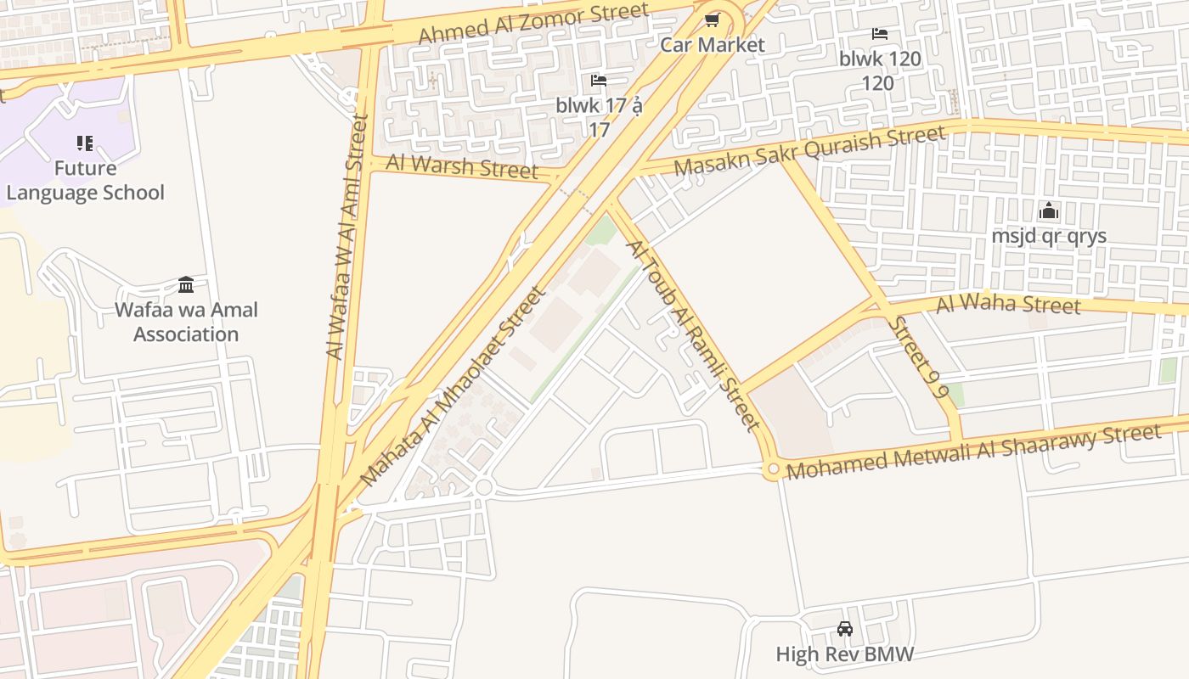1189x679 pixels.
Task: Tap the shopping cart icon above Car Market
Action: click(712, 19)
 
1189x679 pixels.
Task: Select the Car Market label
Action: click(713, 45)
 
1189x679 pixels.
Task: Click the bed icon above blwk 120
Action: click(879, 34)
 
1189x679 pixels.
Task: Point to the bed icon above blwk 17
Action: click(599, 81)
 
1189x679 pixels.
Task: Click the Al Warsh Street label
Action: click(462, 166)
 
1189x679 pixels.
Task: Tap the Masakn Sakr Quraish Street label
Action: click(809, 150)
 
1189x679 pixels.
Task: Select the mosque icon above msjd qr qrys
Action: click(1049, 210)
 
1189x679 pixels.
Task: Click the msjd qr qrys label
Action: click(1049, 236)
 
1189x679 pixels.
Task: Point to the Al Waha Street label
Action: click(1008, 304)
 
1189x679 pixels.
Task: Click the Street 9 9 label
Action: click(918, 357)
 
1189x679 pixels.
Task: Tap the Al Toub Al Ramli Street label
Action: click(692, 334)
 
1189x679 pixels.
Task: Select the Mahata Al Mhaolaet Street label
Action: click(451, 386)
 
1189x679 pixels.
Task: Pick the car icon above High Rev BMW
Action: click(845, 629)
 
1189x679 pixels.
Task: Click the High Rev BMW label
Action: click(845, 654)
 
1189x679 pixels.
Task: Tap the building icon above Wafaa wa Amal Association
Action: click(186, 284)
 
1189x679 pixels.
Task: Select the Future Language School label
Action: click(85, 181)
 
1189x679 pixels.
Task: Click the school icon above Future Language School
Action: click(85, 143)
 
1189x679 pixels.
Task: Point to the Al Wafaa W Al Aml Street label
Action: click(346, 238)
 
